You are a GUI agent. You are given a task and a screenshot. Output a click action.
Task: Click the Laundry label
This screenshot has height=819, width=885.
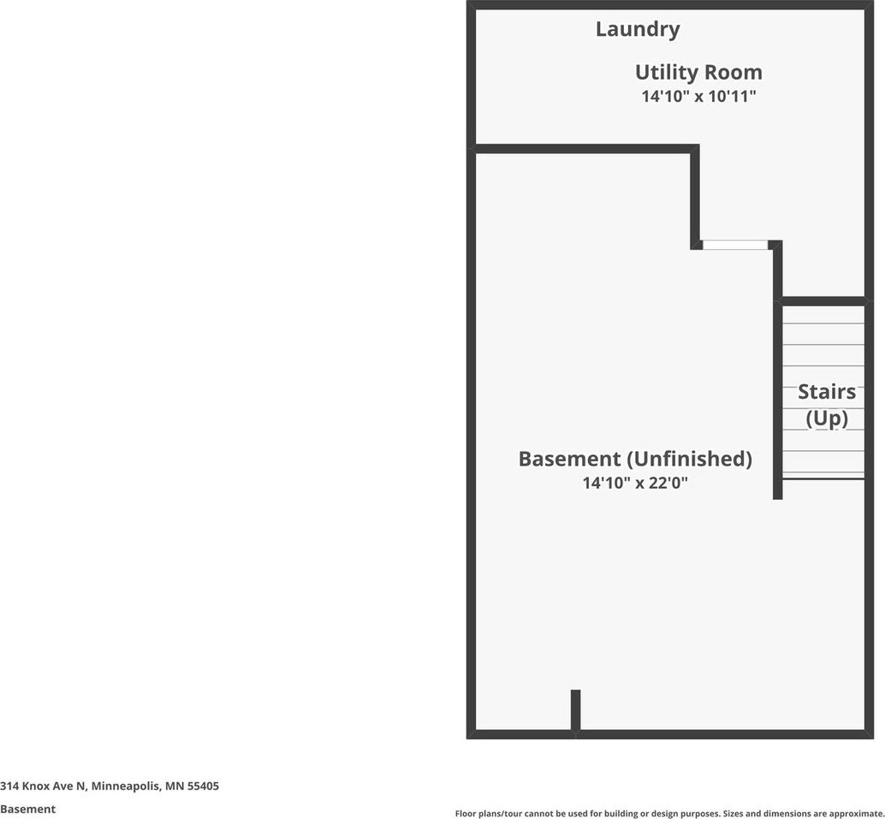pyautogui.click(x=638, y=29)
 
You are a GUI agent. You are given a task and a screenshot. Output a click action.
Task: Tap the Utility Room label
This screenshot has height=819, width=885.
pyautogui.click(x=698, y=72)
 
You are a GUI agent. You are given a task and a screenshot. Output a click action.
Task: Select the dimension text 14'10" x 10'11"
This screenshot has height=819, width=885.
pyautogui.click(x=698, y=97)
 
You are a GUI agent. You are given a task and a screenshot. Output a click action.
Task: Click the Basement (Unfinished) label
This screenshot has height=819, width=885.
pyautogui.click(x=635, y=459)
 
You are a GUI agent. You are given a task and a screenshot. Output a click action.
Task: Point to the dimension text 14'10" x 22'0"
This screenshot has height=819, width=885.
pyautogui.click(x=635, y=483)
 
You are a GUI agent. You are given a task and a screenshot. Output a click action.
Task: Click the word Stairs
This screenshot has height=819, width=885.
pyautogui.click(x=827, y=392)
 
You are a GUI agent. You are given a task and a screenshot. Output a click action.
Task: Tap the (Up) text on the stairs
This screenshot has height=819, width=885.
pyautogui.click(x=827, y=418)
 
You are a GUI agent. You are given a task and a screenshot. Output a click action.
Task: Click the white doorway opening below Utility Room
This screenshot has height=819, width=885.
pyautogui.click(x=735, y=245)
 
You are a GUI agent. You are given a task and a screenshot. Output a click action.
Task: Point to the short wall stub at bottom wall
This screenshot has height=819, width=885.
pyautogui.click(x=576, y=709)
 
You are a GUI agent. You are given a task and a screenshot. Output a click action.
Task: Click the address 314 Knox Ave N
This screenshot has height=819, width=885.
pyautogui.click(x=43, y=786)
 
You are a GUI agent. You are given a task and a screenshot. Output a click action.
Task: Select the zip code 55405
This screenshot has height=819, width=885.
pyautogui.click(x=204, y=786)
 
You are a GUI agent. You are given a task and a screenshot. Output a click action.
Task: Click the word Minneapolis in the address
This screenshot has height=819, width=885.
pyautogui.click(x=125, y=786)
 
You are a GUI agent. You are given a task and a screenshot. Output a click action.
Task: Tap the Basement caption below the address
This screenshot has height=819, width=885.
pyautogui.click(x=27, y=809)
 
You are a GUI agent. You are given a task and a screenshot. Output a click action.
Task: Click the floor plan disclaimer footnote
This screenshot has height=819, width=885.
pyautogui.click(x=668, y=813)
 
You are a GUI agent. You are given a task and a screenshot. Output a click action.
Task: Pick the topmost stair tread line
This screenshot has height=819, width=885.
pyautogui.click(x=823, y=323)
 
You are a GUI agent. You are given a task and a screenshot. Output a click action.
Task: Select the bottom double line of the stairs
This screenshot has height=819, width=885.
pyautogui.click(x=823, y=478)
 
